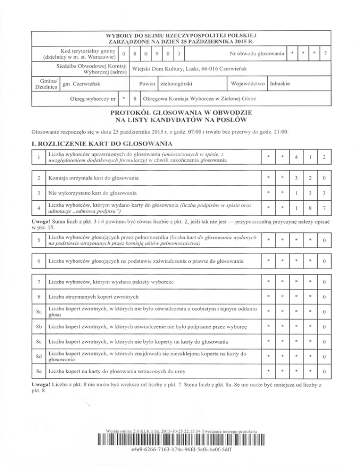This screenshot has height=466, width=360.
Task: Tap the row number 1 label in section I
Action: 35,158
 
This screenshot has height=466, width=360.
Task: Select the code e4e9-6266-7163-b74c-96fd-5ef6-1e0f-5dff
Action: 180,458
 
